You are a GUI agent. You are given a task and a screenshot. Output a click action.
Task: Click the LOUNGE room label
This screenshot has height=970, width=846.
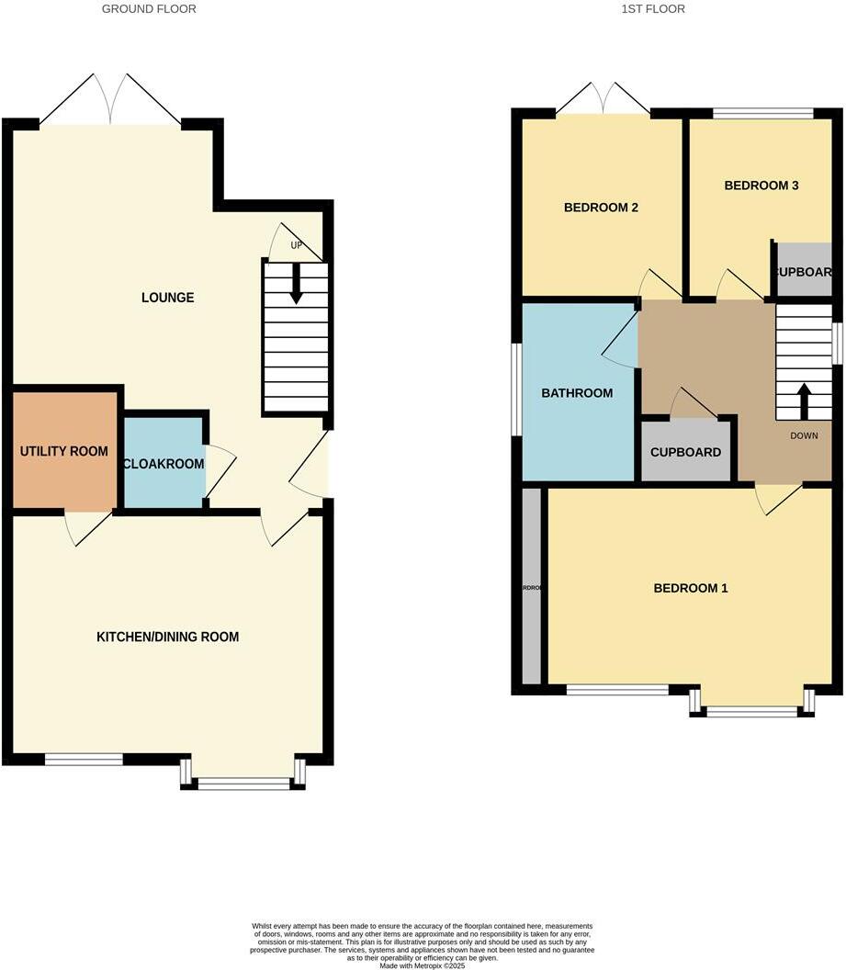click(x=167, y=298)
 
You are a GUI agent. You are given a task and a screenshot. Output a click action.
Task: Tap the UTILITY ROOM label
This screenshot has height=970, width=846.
click(x=64, y=452)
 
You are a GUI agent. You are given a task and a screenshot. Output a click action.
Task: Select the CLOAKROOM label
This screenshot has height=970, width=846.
click(x=164, y=464)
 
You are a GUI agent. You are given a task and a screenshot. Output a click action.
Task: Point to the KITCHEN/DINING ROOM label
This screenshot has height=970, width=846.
click(x=167, y=637)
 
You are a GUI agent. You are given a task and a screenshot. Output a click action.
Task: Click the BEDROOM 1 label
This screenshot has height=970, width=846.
click(x=690, y=588)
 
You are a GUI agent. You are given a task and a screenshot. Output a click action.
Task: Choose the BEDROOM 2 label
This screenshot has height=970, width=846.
click(x=601, y=208)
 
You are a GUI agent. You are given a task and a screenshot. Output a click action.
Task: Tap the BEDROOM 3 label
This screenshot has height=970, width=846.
click(x=761, y=186)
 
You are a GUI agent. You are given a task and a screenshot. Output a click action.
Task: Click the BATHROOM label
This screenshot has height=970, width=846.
click(x=576, y=393)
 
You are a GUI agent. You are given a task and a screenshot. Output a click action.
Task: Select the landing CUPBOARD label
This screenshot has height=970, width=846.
click(x=685, y=452)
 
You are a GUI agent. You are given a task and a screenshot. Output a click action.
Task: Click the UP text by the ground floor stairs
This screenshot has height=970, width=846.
click(x=296, y=246)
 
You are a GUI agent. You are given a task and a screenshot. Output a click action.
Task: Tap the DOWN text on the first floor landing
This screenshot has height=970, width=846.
click(x=804, y=435)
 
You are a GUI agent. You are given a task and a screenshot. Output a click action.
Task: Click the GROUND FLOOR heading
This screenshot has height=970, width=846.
click(x=149, y=9)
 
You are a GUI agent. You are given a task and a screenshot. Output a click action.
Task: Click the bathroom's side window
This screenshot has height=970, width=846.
click(x=517, y=389)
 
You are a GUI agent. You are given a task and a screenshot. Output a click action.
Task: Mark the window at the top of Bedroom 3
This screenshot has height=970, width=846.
click(x=762, y=114)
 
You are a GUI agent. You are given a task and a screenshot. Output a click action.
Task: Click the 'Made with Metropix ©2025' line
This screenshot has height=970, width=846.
click(x=423, y=965)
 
